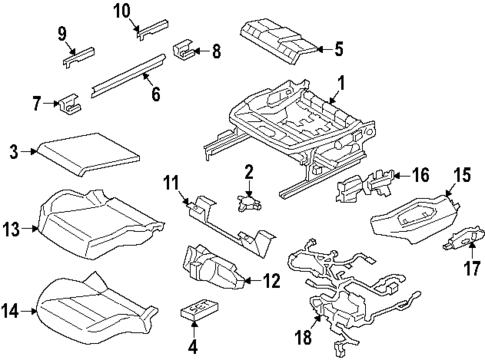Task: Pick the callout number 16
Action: [x=421, y=175]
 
